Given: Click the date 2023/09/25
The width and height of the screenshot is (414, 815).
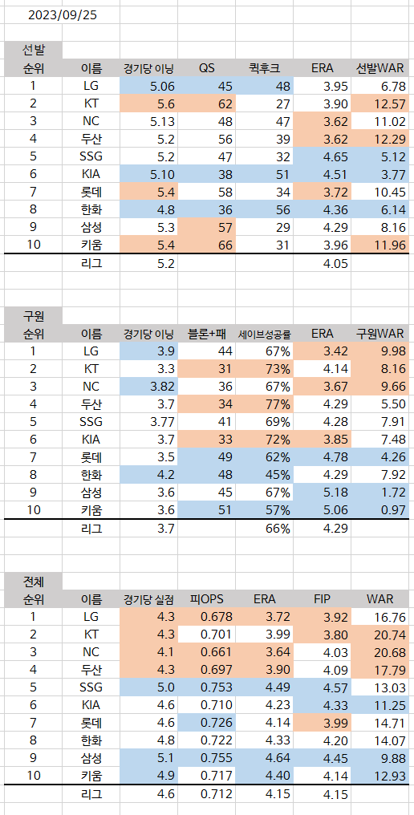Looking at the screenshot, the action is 63,15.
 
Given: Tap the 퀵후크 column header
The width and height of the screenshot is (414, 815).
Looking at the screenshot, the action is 264,68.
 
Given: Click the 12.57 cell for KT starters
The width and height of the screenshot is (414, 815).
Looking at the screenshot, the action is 390,103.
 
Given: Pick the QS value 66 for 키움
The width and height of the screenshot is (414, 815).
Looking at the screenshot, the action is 225,245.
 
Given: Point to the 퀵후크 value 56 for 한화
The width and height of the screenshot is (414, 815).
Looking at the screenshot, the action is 282,209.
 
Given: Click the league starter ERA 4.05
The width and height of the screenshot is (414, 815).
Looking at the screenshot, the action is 335,263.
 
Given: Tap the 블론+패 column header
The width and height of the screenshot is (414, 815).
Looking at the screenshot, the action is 206,334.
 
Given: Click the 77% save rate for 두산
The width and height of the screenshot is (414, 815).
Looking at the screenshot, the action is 278,404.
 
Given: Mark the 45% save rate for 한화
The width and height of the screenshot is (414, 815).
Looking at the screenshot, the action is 278,475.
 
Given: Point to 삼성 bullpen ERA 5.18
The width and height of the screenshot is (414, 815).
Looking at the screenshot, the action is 335,493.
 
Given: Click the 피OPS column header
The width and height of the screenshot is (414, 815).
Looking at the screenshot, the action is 206,598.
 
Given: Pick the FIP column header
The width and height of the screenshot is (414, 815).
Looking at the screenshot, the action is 322,598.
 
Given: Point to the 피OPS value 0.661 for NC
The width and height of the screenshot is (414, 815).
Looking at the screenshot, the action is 217,652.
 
